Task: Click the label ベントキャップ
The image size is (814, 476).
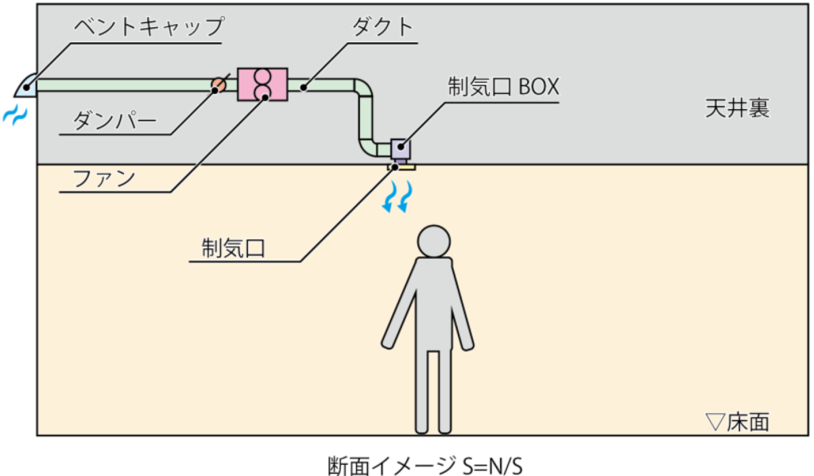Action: coord(149,26)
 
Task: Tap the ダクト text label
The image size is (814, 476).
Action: coord(383,26)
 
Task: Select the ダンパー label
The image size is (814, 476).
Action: coord(114,120)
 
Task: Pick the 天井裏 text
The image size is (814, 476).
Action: coord(737,108)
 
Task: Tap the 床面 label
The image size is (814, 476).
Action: coord(748,421)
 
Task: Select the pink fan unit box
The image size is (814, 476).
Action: coord(262,84)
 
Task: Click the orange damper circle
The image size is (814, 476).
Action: coord(218,84)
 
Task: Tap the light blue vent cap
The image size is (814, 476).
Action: coord(25,85)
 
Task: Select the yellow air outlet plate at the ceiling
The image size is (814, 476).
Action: coord(401,167)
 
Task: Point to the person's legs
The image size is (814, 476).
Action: coord(433,390)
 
